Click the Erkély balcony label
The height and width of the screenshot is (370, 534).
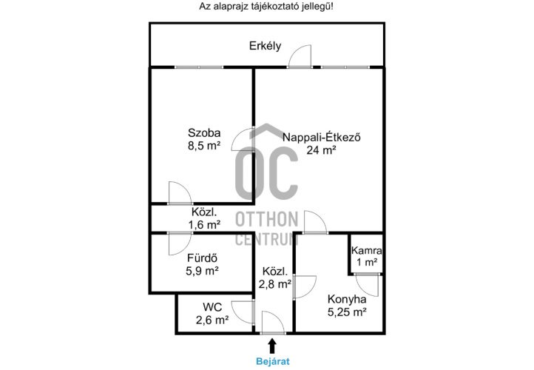click(x=265, y=46)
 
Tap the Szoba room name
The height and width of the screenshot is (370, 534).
click(x=204, y=132)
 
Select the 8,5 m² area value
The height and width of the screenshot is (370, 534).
click(x=204, y=146)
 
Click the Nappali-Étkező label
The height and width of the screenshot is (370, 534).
click(x=322, y=137)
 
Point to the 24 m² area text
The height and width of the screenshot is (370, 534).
click(x=322, y=150)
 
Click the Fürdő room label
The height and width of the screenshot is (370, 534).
click(x=203, y=258)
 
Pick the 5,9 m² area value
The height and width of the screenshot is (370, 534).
click(x=203, y=271)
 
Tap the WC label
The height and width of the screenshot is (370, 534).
click(x=212, y=307)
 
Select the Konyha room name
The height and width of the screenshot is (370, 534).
click(x=347, y=299)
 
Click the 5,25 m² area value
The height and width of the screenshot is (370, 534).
click(x=347, y=312)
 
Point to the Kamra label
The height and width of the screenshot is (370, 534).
click(x=366, y=250)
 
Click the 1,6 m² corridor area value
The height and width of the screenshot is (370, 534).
click(x=204, y=224)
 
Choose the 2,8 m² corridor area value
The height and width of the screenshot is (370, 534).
click(x=275, y=284)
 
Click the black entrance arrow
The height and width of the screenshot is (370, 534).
click(x=272, y=346)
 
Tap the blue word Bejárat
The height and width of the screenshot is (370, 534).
click(x=273, y=361)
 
